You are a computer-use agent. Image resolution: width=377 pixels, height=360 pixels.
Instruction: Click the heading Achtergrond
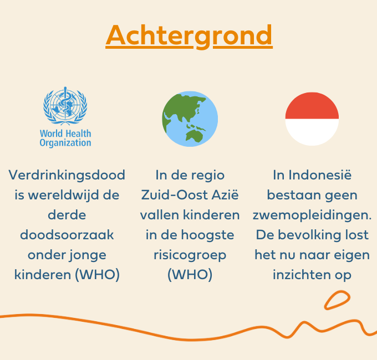tap(189, 36)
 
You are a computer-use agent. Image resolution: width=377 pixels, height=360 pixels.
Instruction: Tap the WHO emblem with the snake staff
tap(65, 106)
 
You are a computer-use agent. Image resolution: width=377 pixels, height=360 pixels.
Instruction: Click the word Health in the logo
tap(78, 133)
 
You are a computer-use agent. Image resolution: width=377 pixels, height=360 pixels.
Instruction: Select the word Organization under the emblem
tap(65, 143)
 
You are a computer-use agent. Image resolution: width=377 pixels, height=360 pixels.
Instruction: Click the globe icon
tap(190, 119)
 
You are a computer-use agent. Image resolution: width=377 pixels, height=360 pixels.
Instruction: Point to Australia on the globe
tap(194, 136)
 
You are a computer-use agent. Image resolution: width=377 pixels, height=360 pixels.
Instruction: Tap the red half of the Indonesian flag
tap(312, 106)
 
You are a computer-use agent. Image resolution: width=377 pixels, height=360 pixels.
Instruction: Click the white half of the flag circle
tap(312, 132)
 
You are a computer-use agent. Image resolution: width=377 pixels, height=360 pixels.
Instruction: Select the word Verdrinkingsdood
tap(67, 175)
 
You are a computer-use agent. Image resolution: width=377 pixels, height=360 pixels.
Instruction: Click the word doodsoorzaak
tap(67, 235)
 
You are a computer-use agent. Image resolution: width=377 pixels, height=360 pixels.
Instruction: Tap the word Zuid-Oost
tap(174, 195)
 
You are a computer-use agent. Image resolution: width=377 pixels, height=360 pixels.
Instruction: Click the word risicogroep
tap(190, 255)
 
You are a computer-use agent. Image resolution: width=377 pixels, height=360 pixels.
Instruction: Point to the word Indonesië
tap(320, 174)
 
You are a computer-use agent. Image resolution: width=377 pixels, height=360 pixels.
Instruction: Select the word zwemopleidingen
tap(312, 215)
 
